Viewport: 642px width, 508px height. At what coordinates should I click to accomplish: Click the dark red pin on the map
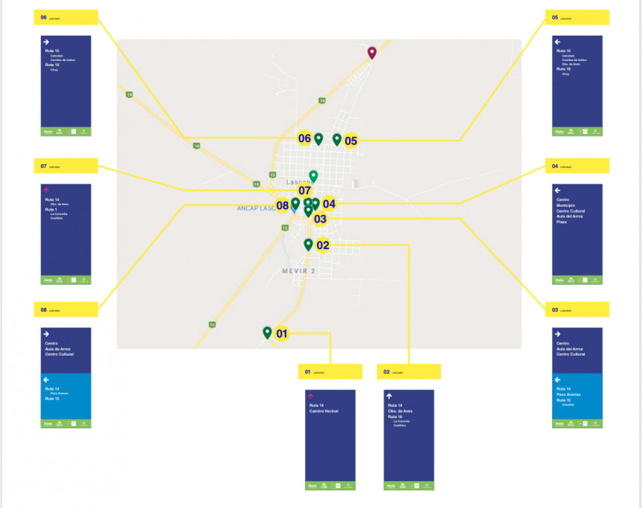[372, 52]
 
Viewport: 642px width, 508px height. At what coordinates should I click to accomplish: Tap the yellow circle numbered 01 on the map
[282, 334]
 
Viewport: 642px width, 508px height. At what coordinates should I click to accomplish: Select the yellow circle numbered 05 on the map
[350, 140]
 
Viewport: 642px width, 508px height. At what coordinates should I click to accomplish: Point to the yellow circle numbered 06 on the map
[304, 138]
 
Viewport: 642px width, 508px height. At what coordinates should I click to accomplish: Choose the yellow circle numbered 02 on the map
[323, 245]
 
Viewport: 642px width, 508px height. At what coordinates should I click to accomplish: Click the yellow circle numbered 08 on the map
[283, 205]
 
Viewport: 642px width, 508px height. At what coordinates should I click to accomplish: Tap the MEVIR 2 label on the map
[298, 271]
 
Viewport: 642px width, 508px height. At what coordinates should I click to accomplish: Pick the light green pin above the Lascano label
[313, 176]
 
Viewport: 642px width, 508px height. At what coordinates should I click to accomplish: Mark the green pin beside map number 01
[267, 332]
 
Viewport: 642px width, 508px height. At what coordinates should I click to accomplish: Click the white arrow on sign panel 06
[46, 42]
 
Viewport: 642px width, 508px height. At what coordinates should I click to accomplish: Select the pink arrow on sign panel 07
[46, 190]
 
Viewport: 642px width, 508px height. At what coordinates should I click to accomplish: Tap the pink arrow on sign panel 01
[311, 396]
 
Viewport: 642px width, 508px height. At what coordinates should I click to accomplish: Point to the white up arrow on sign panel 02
[388, 396]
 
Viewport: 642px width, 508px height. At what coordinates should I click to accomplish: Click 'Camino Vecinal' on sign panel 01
[324, 411]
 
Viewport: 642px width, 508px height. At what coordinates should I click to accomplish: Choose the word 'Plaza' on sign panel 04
[562, 222]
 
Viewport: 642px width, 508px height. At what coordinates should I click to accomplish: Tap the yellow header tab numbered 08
[65, 309]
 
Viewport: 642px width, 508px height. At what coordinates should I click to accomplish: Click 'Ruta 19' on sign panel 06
[51, 65]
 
